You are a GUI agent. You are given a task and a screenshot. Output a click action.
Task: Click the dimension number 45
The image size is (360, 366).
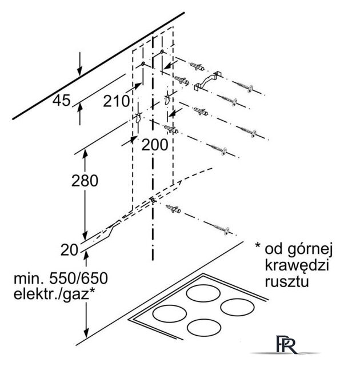61,101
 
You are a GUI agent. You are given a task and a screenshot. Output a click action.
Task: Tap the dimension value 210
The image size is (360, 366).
116,101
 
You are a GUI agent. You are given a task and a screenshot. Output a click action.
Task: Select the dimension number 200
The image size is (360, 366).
155,145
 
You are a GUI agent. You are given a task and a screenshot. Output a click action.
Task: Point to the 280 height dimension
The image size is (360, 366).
85,181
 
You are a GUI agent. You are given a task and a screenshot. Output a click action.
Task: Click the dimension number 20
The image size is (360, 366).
69,250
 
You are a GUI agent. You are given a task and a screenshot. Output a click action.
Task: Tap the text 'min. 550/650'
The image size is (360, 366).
61,278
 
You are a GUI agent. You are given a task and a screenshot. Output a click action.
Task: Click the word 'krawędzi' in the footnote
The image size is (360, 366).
297,266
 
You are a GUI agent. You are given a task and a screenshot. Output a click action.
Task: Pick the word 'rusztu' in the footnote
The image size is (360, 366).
287,281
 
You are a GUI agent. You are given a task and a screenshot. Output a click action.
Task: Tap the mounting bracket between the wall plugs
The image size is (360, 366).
208,81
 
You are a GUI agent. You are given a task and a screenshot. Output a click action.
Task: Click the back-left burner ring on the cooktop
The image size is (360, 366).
203,293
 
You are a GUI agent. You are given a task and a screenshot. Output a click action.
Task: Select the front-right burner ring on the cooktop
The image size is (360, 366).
204,327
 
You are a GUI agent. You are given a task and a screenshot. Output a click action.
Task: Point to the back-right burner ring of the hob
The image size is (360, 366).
237,308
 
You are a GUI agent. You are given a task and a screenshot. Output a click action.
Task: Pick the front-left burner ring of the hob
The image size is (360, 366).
170,313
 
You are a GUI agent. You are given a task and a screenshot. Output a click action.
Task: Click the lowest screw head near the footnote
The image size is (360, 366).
226,230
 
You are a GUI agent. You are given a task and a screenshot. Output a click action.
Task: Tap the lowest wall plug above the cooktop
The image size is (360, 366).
174,209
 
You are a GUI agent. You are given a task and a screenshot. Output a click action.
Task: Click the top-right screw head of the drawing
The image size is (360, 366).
250,89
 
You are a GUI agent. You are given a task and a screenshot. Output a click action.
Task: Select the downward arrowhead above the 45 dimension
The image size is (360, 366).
80,70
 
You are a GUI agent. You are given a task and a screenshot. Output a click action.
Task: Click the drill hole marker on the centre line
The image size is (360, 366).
153,200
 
